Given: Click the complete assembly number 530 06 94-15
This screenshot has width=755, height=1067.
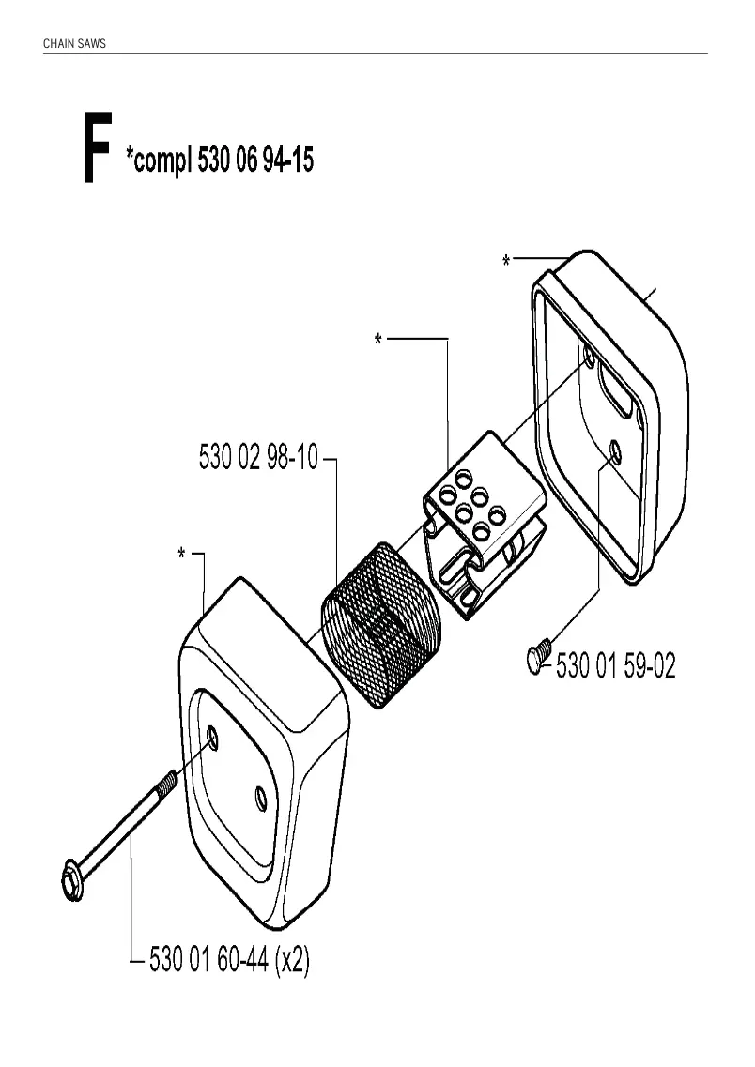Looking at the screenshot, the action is pyautogui.click(x=255, y=160).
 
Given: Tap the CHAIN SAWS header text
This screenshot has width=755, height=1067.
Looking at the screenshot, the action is pyautogui.click(x=74, y=43).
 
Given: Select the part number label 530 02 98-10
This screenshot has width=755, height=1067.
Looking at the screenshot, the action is pyautogui.click(x=258, y=457).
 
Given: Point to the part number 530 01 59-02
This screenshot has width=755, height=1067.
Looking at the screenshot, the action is pyautogui.click(x=615, y=665).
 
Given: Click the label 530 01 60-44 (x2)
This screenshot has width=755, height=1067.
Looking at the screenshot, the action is pyautogui.click(x=229, y=960).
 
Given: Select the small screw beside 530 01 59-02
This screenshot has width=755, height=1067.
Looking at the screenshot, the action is pyautogui.click(x=536, y=656).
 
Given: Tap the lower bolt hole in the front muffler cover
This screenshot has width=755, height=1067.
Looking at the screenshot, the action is pyautogui.click(x=259, y=799).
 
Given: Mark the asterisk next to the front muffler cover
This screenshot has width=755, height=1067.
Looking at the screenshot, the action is pyautogui.click(x=181, y=554).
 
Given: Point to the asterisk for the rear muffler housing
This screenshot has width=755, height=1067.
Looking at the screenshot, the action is pyautogui.click(x=506, y=260).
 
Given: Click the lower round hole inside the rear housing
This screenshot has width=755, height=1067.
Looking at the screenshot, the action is pyautogui.click(x=615, y=450).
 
